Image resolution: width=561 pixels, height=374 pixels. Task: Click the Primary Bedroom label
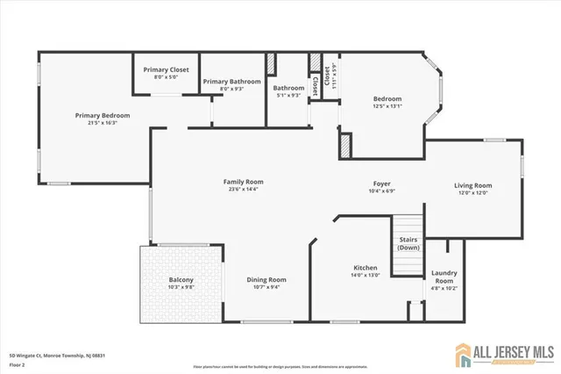[x=103, y=115]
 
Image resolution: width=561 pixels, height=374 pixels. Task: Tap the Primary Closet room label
[x=166, y=68]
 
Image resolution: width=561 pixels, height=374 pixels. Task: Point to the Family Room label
[x=243, y=182]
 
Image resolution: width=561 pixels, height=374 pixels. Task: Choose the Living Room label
[x=472, y=185]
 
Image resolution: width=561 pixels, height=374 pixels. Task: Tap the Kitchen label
[x=365, y=267]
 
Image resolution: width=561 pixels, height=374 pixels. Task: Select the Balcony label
[x=181, y=279]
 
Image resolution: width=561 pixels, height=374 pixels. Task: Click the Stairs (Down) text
[x=408, y=243]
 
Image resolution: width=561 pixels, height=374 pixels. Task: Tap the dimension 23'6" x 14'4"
[x=243, y=190]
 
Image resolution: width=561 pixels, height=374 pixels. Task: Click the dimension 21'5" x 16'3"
[x=103, y=123]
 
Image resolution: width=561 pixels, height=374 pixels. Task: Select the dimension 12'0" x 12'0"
[x=472, y=193]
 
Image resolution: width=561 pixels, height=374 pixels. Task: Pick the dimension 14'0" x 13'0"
[x=365, y=275]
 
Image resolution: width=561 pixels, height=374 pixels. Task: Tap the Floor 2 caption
[x=18, y=363]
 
